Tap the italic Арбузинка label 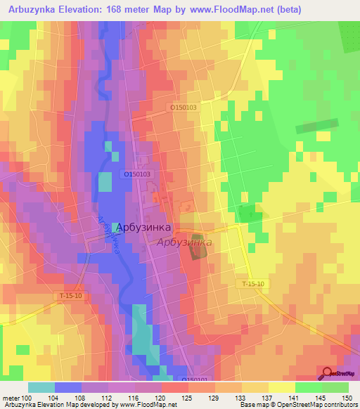pos(184,242)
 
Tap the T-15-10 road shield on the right pos(251,283)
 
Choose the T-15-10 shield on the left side pos(71,297)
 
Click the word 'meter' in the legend pos(11,398)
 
